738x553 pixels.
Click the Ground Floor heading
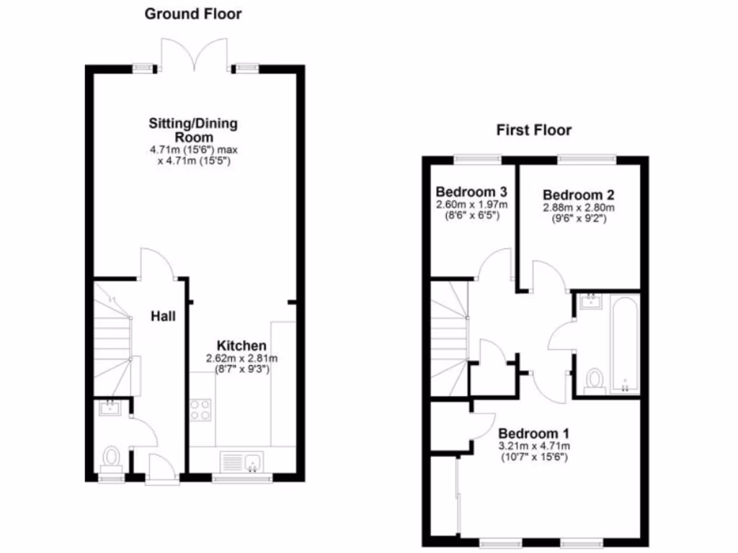193,14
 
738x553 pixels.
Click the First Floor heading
533,130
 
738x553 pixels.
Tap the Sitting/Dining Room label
193,130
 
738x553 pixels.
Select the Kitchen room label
242,346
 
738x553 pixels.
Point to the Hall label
164,315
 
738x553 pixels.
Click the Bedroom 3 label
472,192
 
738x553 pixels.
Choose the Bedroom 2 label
578,195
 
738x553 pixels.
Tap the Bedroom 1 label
534,434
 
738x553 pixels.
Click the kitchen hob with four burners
201,410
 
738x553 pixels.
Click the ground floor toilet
111,457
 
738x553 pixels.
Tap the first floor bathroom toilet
595,379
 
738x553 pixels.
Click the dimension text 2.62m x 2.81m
242,359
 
